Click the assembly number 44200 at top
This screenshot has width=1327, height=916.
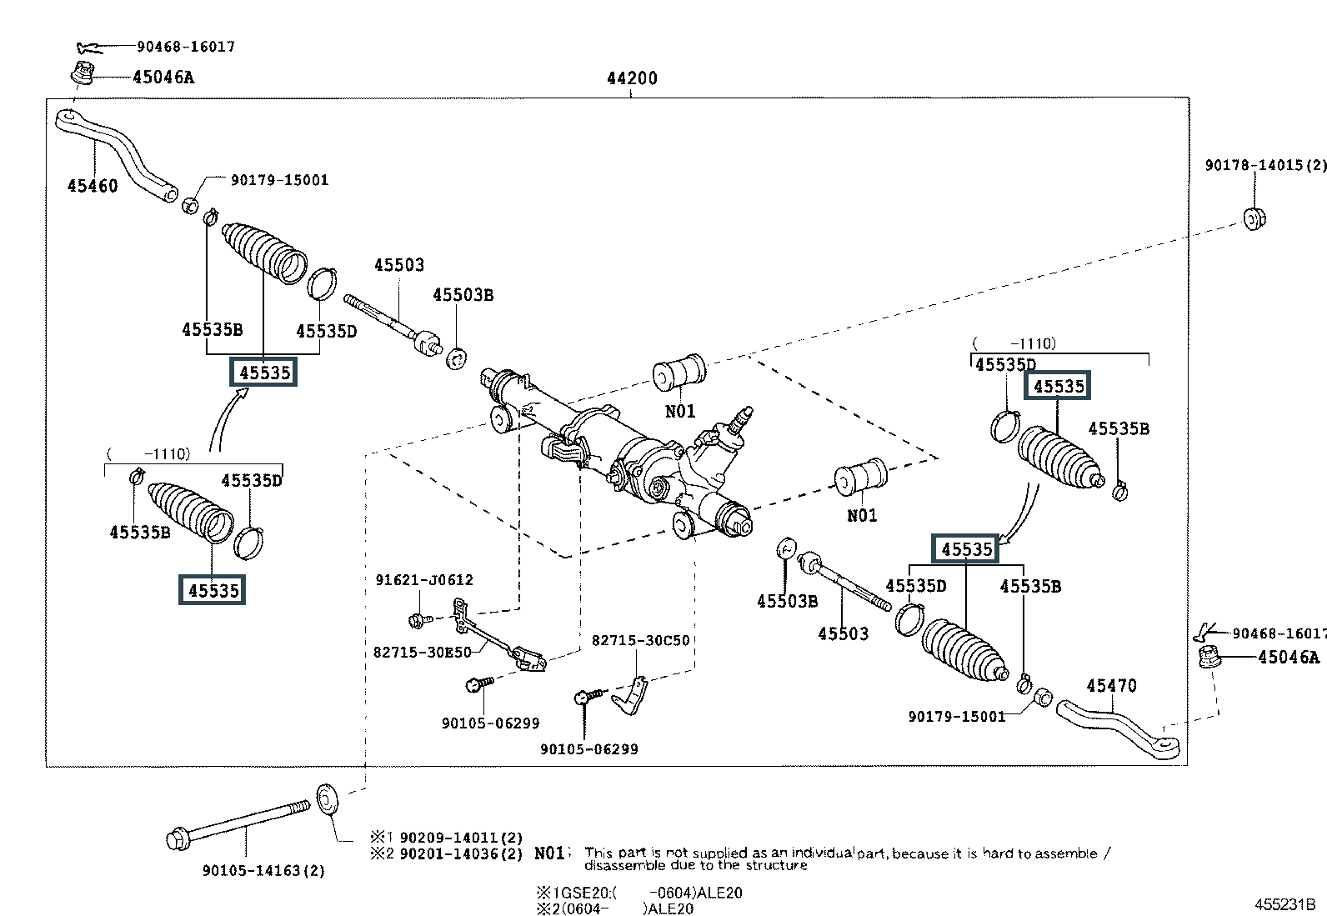632,78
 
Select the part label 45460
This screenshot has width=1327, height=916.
93,185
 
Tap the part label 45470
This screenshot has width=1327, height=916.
1111,685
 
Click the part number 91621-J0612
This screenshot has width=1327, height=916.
424,580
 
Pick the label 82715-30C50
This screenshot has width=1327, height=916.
640,640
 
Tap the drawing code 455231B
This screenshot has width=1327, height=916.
1285,904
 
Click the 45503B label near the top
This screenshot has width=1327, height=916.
463,295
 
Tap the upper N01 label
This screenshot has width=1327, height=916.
680,411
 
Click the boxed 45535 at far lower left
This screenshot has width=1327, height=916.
213,590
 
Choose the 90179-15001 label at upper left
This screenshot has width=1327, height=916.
280,180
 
